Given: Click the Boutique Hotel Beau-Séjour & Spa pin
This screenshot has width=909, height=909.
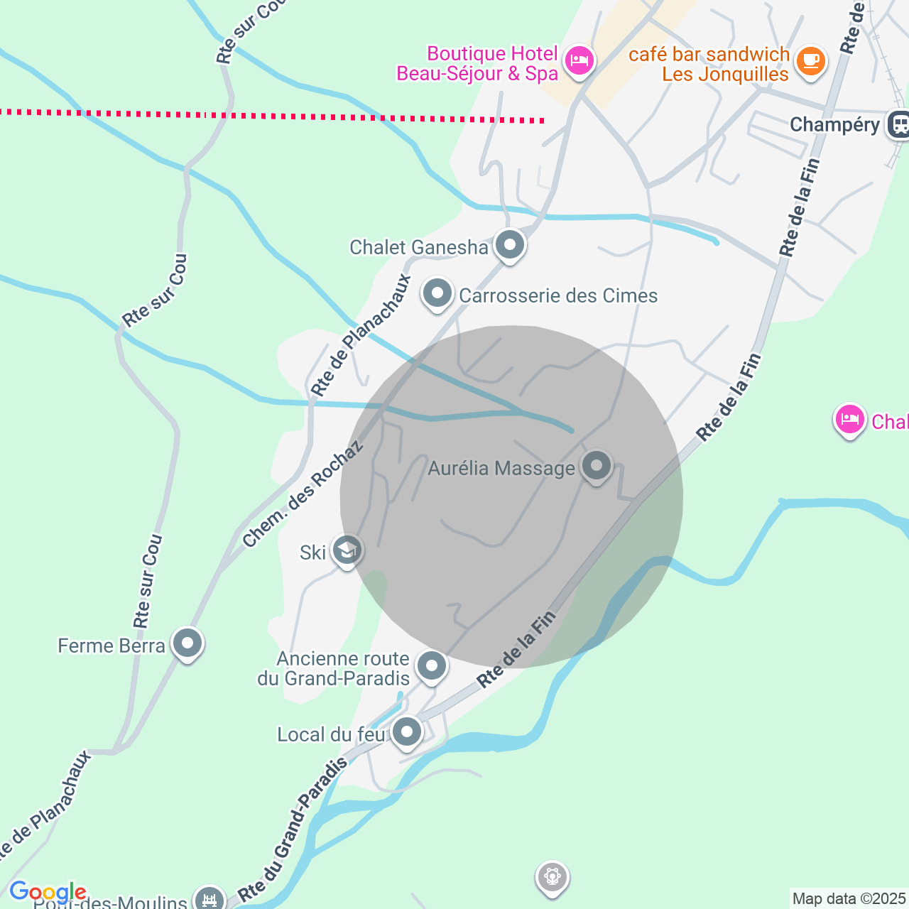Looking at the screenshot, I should click(579, 61).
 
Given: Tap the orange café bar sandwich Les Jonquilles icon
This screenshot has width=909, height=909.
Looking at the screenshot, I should click(810, 61).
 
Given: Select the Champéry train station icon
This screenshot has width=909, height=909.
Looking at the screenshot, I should click(899, 125).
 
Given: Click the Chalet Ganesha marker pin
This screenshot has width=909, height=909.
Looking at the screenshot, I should click(509, 246).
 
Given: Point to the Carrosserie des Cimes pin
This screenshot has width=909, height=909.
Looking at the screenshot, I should click(437, 293).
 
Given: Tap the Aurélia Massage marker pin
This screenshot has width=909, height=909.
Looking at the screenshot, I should click(596, 466).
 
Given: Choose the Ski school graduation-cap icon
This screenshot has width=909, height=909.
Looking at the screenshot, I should click(347, 550).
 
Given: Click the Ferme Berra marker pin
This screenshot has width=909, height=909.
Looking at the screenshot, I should click(187, 643).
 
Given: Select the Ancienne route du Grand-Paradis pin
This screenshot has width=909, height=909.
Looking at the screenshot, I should click(432, 666).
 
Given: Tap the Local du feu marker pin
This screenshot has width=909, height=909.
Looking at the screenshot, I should click(407, 731).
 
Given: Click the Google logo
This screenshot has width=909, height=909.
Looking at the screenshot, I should click(48, 892).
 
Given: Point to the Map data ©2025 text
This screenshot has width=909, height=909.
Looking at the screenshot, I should click(849, 899).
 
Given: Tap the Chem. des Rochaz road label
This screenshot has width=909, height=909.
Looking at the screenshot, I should click(303, 494).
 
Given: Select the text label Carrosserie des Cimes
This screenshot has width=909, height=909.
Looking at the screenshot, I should click(558, 295).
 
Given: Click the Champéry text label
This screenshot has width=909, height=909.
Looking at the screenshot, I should click(834, 125).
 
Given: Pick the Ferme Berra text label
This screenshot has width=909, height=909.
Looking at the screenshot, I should click(111, 646).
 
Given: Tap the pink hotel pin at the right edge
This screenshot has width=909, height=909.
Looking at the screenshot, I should click(849, 419).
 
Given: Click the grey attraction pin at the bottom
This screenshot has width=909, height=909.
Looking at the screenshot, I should click(552, 878).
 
